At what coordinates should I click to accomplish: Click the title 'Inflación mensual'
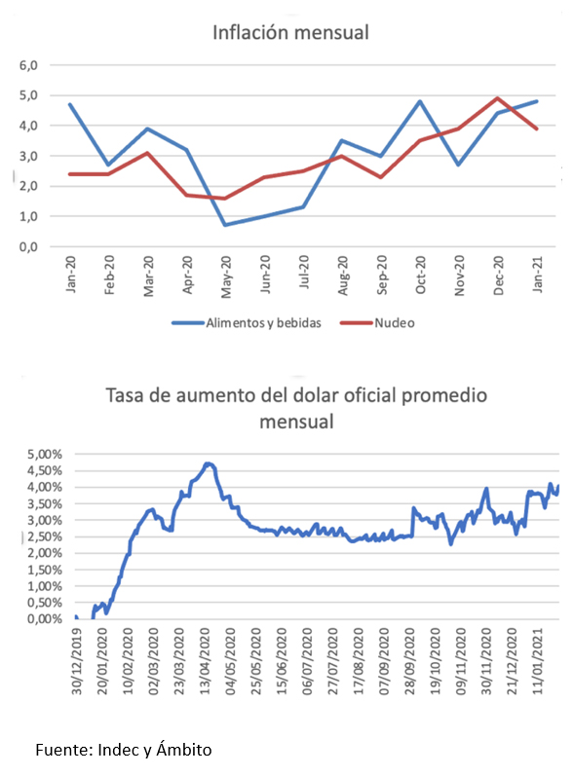coord(290,33)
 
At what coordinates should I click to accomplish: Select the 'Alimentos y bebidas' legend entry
coord(247,323)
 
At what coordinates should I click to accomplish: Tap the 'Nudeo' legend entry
coord(377,323)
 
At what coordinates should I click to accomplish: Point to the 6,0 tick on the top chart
coord(28,65)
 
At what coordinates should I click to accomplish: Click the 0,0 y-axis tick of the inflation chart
coord(28,246)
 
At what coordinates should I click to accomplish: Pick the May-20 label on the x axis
coord(226,277)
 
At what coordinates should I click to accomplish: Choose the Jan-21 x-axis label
coord(537,275)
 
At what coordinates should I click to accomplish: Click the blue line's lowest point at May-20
coord(225,225)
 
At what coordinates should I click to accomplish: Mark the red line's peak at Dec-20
coord(498,98)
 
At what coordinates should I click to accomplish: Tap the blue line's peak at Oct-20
coord(420,101)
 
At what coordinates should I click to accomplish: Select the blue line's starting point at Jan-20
coord(70,104)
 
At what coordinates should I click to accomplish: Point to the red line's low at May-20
coord(225,199)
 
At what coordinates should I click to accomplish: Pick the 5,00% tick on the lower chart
coord(45,455)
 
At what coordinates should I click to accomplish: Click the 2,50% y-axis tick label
coord(45,536)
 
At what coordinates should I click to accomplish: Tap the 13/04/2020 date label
coord(206,661)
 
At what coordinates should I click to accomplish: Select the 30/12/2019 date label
coord(77,661)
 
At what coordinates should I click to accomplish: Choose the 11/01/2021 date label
coord(538,661)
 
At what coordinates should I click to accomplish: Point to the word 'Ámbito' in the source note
coord(184,750)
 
